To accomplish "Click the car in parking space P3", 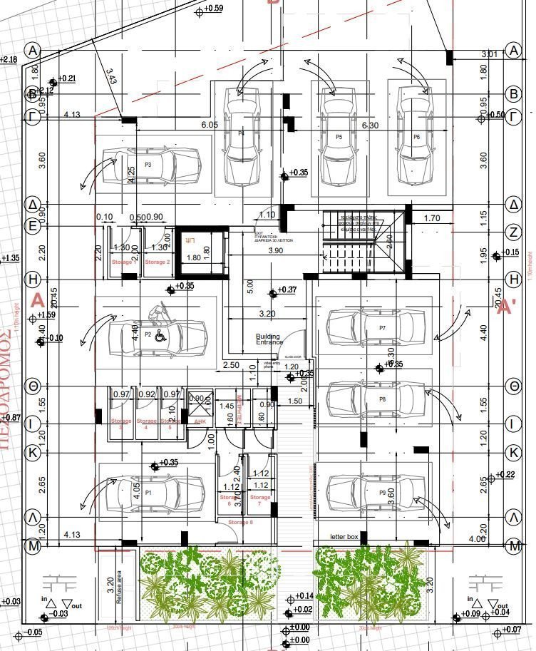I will (x=150, y=165).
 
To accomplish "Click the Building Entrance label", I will (x=268, y=339).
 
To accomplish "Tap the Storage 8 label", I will (x=240, y=523).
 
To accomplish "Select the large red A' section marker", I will (x=506, y=307).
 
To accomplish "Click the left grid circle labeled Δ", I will (x=32, y=205).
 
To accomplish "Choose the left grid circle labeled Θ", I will (x=32, y=386).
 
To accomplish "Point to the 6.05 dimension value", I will (x=210, y=125).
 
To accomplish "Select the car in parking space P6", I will (x=416, y=136).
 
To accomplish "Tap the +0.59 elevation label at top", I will (x=213, y=9).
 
